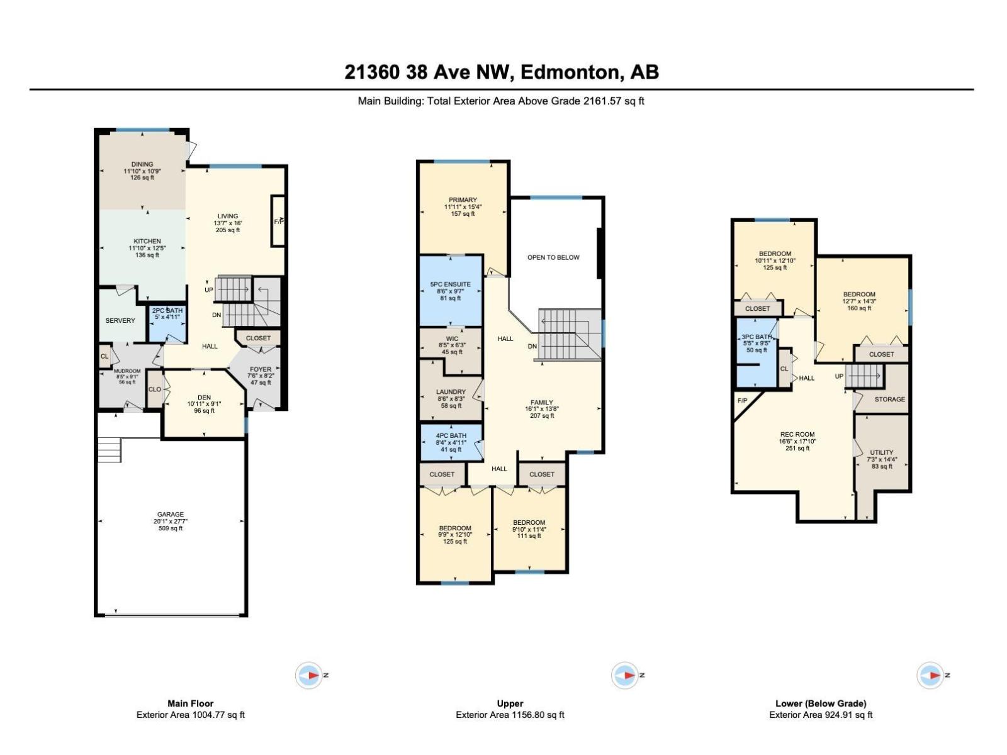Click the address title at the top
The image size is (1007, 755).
click(502, 72)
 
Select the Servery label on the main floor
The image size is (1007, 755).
click(120, 320)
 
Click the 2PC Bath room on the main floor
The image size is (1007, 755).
click(167, 314)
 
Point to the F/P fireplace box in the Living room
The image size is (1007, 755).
click(278, 221)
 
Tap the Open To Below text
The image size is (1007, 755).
click(553, 257)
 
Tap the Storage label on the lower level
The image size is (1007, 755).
click(889, 399)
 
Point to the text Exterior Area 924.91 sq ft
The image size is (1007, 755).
click(820, 715)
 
